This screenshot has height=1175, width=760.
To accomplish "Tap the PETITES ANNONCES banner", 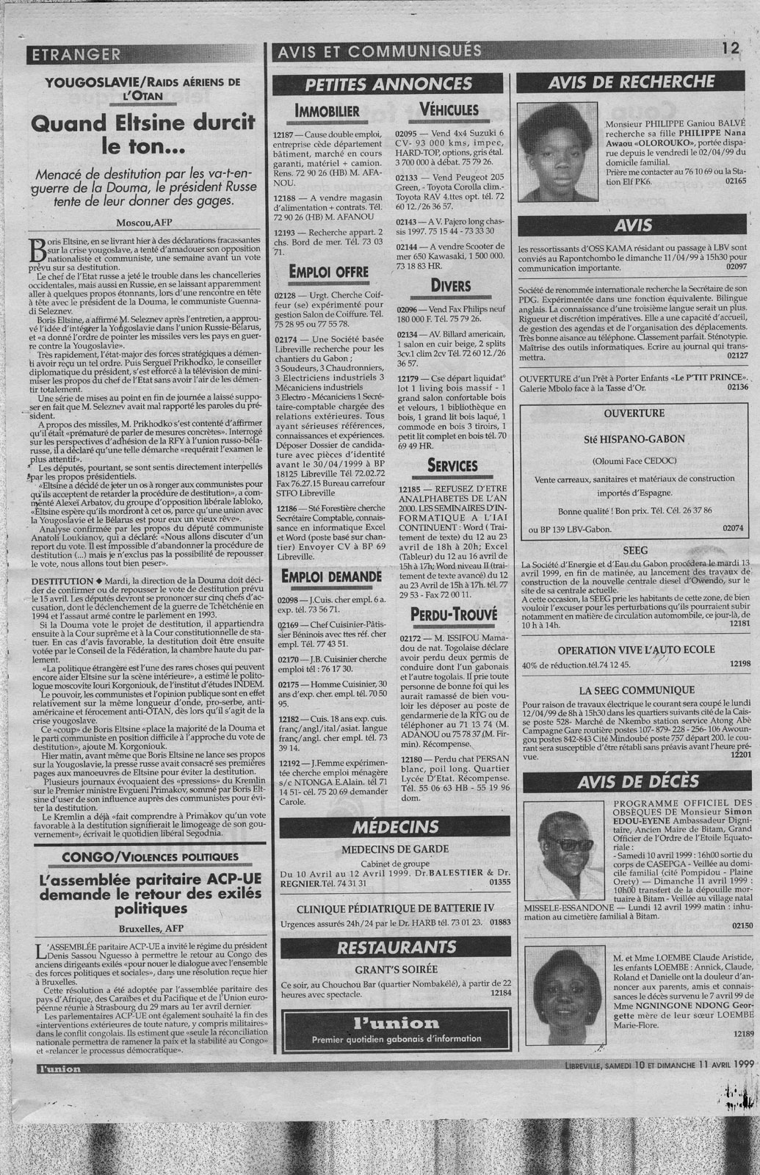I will pos(388,84).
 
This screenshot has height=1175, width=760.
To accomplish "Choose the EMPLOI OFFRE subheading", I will pos(327,272).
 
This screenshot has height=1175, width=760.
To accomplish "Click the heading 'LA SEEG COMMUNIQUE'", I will pos(636,690).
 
